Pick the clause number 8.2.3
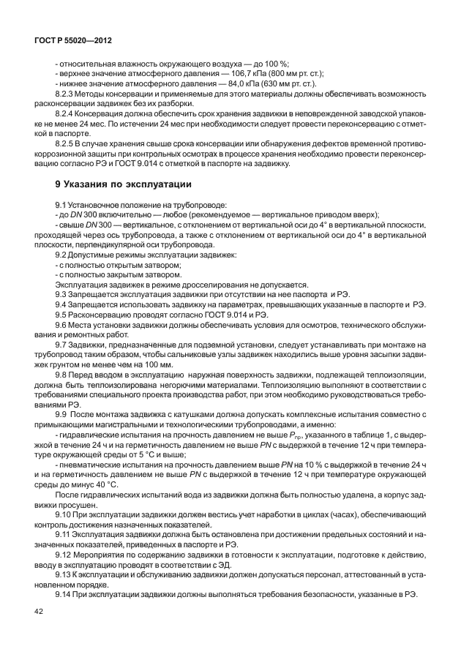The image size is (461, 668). click(x=67, y=94)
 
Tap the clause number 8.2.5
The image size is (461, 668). click(x=67, y=145)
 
